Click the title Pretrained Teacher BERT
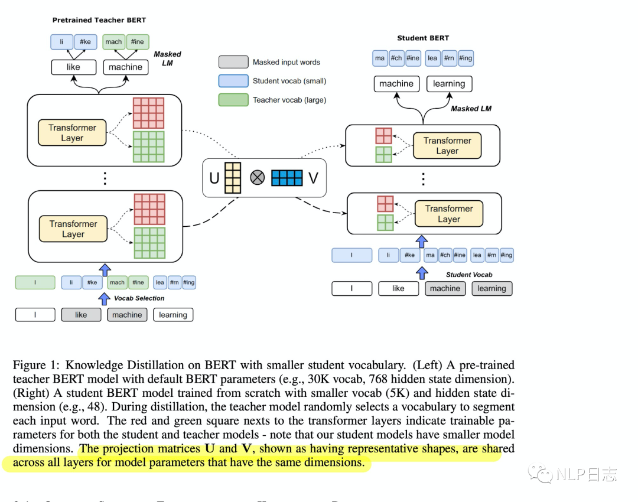[99, 20]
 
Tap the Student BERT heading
[423, 38]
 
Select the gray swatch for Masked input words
[233, 62]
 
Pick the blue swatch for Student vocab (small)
[233, 81]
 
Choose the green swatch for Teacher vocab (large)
[233, 100]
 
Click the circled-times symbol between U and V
[258, 178]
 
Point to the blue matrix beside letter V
[287, 178]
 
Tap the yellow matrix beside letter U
[233, 178]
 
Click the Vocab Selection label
[139, 298]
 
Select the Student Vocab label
[469, 275]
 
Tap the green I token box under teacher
[35, 282]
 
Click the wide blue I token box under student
[352, 255]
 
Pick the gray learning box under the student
[491, 288]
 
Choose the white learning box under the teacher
[173, 315]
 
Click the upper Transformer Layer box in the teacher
[73, 133]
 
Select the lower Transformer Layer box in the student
[448, 214]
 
